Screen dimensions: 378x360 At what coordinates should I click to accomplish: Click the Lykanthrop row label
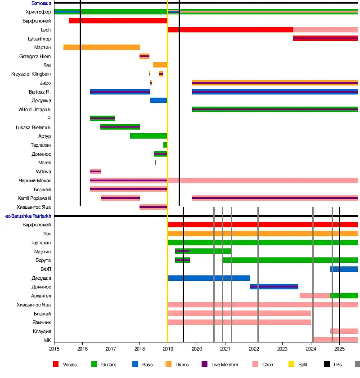click(39, 39)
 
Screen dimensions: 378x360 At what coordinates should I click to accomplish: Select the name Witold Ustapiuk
click(35, 109)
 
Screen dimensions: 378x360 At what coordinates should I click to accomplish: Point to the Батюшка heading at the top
click(41, 3)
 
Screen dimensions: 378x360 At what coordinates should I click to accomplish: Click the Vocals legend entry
click(70, 364)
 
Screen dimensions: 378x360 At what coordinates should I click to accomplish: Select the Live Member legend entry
click(225, 364)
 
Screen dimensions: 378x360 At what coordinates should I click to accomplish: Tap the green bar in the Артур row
click(148, 136)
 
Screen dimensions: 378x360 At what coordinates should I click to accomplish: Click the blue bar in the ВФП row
click(344, 269)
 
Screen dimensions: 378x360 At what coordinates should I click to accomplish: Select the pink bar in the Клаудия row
click(344, 331)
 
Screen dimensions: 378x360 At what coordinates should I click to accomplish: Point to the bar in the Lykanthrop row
click(325, 38)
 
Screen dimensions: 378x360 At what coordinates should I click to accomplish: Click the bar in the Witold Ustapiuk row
click(275, 109)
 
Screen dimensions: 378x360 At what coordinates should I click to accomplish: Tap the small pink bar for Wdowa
click(95, 171)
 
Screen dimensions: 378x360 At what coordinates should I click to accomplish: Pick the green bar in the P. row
click(103, 118)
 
